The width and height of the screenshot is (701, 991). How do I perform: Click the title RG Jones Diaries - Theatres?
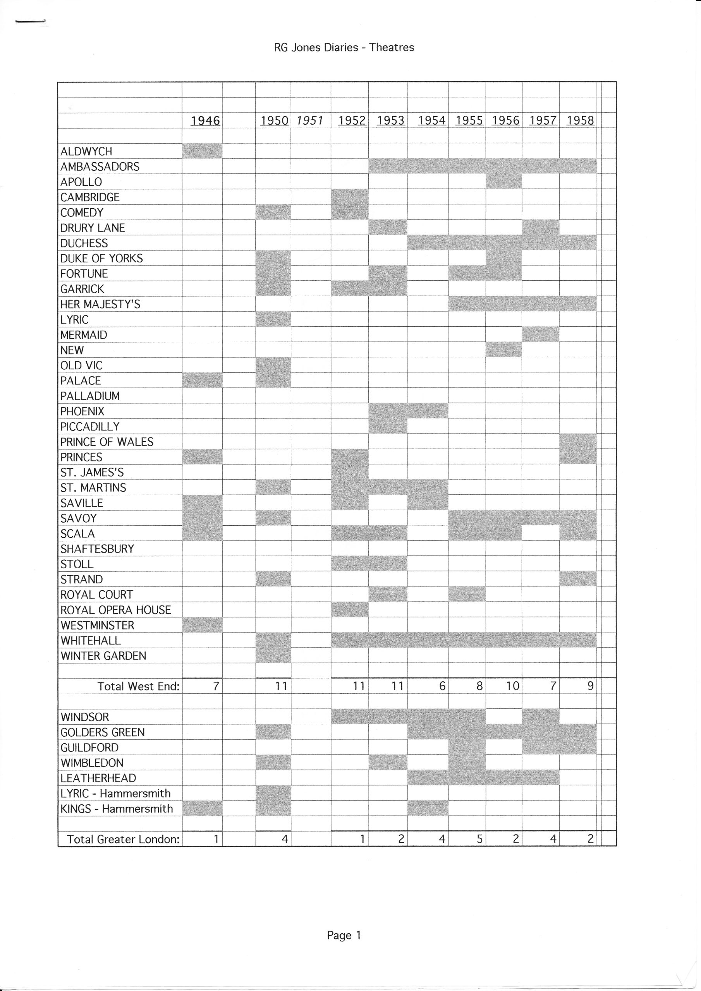pos(344,48)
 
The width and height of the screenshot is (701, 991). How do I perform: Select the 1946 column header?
pos(205,120)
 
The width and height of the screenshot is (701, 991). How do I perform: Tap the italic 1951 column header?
pos(310,120)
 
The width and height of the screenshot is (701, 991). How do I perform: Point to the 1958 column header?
pos(580,120)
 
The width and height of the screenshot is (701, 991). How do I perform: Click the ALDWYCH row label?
pos(86,151)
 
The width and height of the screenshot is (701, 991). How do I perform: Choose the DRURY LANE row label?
pos(93,228)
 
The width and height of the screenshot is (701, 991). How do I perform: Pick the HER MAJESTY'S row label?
pos(100,304)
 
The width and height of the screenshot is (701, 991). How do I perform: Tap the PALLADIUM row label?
pos(90,396)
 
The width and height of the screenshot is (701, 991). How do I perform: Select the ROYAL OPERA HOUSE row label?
pos(115,610)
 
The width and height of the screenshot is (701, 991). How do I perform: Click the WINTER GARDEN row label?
pos(103,656)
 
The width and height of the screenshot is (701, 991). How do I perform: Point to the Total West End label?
pos(138,686)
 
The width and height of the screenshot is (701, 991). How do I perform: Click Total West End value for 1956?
pos(512,686)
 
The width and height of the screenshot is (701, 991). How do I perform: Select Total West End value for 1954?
pos(442,686)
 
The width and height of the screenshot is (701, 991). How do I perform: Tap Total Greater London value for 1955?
pos(479,839)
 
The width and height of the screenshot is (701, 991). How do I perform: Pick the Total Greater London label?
pos(123,839)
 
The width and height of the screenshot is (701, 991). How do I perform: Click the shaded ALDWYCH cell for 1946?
pos(202,151)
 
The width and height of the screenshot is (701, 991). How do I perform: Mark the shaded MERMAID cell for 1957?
pos(540,334)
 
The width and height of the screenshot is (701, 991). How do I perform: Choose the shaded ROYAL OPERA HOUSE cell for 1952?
pos(349,609)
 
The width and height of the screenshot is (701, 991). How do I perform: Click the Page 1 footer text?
pos(344,935)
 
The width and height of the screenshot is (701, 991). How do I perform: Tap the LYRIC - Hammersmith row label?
pos(115,793)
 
